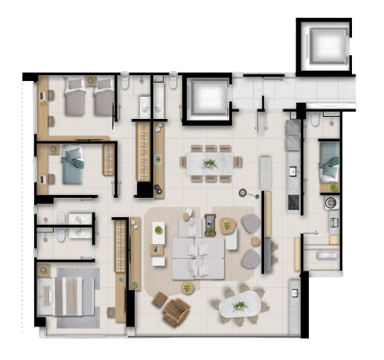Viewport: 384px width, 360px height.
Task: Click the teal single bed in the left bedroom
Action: click(73, 165)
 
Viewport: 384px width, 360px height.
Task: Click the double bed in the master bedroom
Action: click(70, 295)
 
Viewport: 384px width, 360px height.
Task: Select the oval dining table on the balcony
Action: click(240, 304)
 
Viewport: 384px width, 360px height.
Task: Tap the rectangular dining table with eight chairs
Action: click(211, 163)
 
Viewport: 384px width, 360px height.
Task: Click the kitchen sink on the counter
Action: click(292, 173)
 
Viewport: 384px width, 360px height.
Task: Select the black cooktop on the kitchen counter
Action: click(292, 200)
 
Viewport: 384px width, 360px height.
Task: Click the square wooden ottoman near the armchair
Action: click(160, 300)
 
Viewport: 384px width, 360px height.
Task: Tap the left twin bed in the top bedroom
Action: click(76, 98)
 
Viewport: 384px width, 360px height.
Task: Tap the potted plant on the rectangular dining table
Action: click(211, 163)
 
